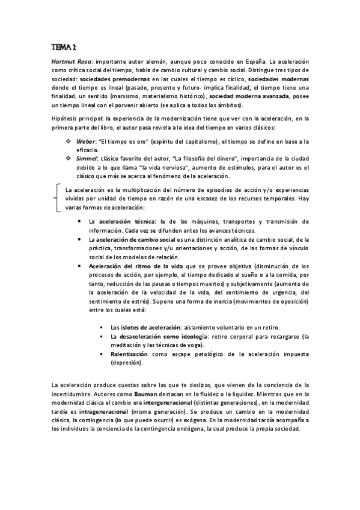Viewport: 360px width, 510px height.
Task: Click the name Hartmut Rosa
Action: [69, 62]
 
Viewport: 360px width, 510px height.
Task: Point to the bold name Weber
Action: [84, 141]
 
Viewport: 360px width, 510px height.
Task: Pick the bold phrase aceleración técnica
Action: [127, 222]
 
